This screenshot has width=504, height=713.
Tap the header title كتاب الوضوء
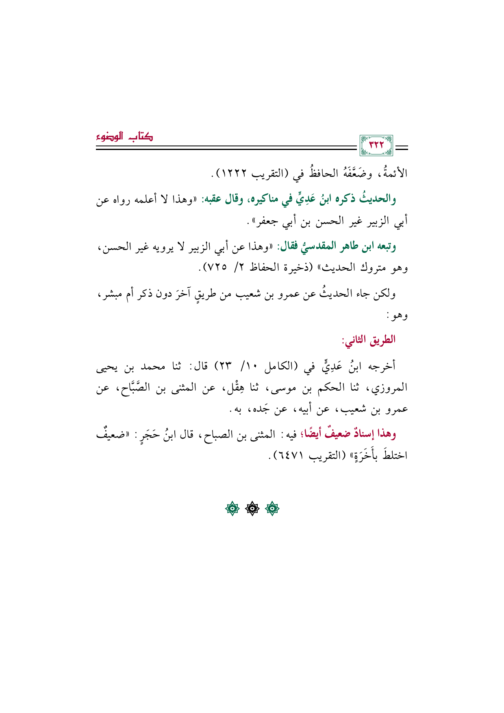[x=125, y=137]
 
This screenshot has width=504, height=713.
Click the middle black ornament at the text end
[x=252, y=509]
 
